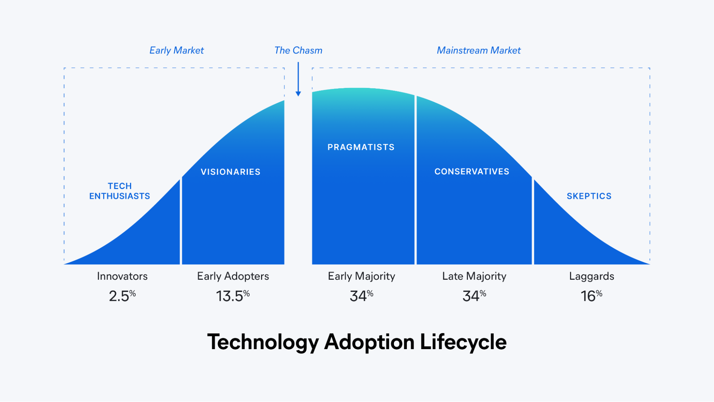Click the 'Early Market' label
(x=176, y=51)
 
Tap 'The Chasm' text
(x=298, y=50)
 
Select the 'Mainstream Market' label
(x=479, y=50)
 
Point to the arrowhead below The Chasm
(x=298, y=94)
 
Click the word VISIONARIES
(x=230, y=172)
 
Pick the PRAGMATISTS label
(x=361, y=147)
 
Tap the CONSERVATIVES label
(x=472, y=172)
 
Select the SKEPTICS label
(x=589, y=196)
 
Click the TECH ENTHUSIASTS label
(x=120, y=191)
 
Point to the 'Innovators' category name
(x=122, y=276)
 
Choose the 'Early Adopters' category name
(x=233, y=277)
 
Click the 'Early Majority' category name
(x=361, y=277)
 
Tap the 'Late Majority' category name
(x=474, y=277)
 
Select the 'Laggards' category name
(x=591, y=277)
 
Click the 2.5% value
(x=122, y=296)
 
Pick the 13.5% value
(x=233, y=296)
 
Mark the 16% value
(x=591, y=296)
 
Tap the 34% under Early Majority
(x=361, y=296)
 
